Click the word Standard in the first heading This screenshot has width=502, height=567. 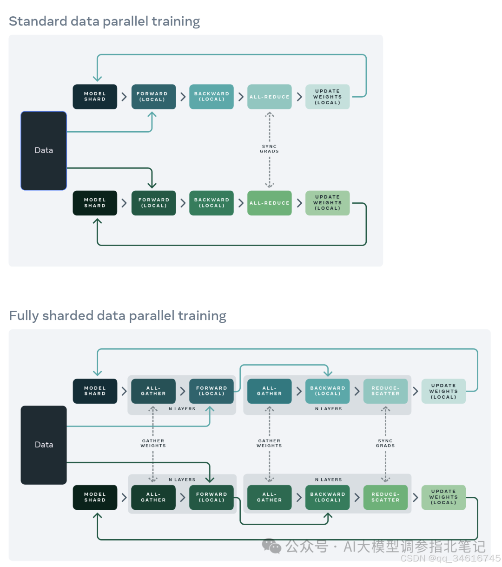(x=38, y=21)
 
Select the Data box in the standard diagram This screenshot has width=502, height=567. (x=44, y=151)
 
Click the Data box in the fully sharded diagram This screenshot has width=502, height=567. (x=44, y=445)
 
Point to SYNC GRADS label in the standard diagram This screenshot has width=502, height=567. (x=269, y=149)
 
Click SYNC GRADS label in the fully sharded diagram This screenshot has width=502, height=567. (x=385, y=443)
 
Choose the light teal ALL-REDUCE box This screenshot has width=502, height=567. (x=269, y=97)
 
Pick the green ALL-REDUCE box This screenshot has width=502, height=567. (x=269, y=203)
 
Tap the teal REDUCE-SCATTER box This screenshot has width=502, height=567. (x=385, y=391)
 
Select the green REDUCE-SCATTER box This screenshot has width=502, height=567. (x=385, y=497)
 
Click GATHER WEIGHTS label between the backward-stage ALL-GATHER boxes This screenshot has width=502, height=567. (x=269, y=443)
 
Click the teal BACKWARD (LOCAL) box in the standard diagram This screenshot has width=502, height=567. (x=211, y=97)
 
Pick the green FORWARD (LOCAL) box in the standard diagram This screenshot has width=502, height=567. (x=153, y=203)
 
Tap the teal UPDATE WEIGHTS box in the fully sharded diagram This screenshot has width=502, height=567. (x=443, y=391)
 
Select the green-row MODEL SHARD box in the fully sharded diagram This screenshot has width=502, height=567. (x=95, y=497)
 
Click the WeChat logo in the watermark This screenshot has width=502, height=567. (x=271, y=546)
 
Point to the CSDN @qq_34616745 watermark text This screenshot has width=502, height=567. (x=450, y=559)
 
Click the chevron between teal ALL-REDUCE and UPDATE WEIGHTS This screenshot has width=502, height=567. (x=299, y=97)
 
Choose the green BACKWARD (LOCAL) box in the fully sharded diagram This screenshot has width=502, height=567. (x=328, y=497)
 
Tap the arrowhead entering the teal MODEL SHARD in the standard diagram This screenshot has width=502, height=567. (x=97, y=79)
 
